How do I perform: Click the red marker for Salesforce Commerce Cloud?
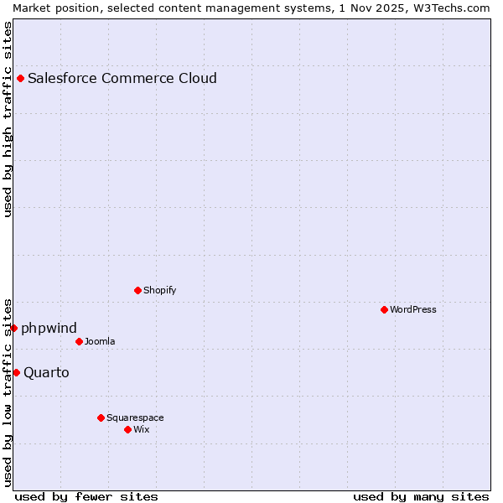21,79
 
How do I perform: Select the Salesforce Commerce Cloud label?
122,79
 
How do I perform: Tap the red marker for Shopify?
138,291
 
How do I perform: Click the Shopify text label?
160,291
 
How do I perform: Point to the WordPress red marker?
385,310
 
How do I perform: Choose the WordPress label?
413,310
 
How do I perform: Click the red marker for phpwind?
14,328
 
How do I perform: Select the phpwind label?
49,328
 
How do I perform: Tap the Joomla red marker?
80,342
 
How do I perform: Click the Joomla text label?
100,342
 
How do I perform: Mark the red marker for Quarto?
17,372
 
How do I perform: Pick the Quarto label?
47,372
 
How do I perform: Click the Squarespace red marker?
101,417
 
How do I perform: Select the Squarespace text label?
135,417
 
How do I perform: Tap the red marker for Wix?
128,430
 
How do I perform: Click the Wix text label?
142,430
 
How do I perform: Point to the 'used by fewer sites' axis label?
86,496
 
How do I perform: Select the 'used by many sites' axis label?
421,496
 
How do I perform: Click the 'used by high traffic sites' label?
8,120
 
